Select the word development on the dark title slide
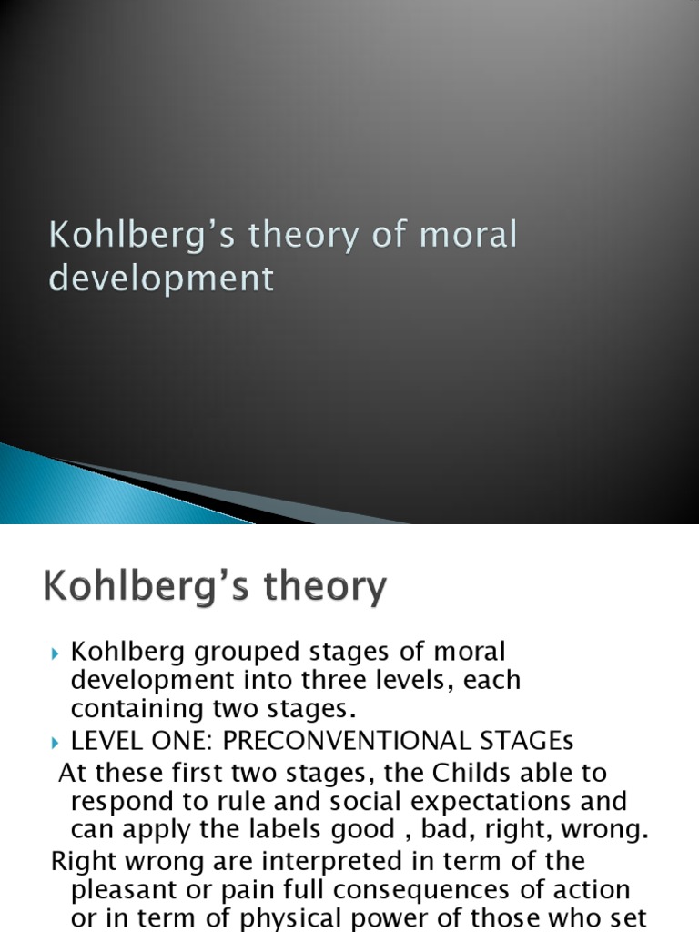pos(160,278)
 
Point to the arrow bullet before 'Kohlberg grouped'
pos(56,653)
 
